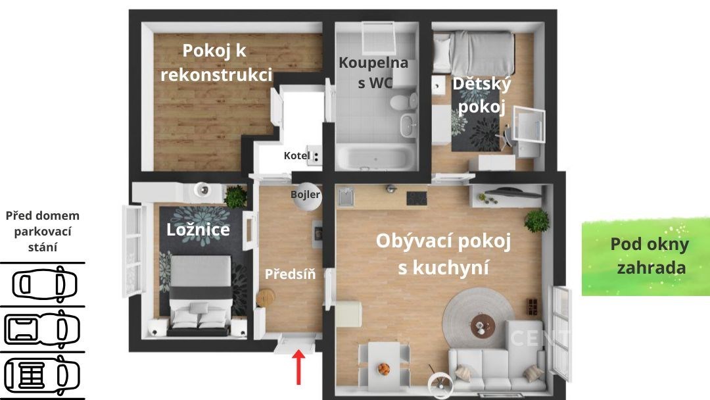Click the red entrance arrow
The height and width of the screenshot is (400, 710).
298,367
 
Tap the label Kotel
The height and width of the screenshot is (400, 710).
297,155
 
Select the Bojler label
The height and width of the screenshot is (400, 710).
305,195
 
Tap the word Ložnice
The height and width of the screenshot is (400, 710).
198,230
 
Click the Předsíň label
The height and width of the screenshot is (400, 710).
290,274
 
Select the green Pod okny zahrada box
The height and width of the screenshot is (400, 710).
646,257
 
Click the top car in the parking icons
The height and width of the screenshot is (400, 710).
44,284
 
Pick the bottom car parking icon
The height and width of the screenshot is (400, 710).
42,375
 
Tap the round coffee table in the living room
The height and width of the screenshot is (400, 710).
483,325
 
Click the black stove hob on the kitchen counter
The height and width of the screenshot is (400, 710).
417,199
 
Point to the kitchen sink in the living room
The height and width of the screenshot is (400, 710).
346,197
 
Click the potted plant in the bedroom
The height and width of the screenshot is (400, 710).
236,197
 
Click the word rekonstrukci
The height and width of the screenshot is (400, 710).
216,75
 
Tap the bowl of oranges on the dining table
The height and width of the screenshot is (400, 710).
384,368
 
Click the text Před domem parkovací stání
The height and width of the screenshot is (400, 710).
43,231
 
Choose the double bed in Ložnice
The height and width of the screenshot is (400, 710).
199,296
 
